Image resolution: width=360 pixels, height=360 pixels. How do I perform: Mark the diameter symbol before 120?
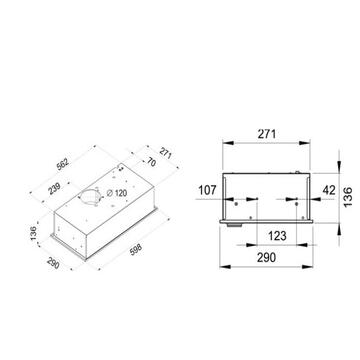tap(109, 192)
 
